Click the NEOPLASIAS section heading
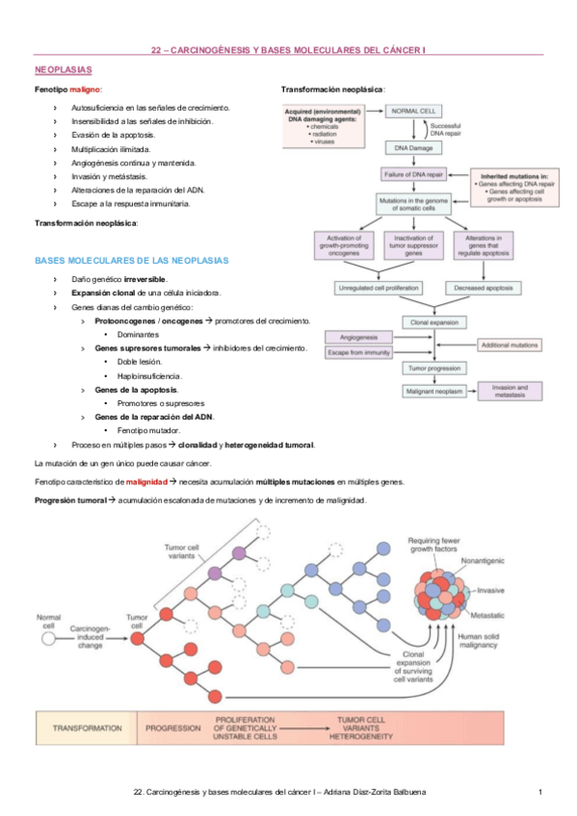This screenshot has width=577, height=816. pyautogui.click(x=63, y=70)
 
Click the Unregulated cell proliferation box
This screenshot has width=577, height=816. pyautogui.click(x=380, y=288)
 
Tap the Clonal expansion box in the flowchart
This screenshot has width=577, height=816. pyautogui.click(x=433, y=322)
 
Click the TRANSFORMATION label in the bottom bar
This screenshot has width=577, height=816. pyautogui.click(x=87, y=728)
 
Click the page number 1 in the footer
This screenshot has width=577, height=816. pyautogui.click(x=541, y=792)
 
